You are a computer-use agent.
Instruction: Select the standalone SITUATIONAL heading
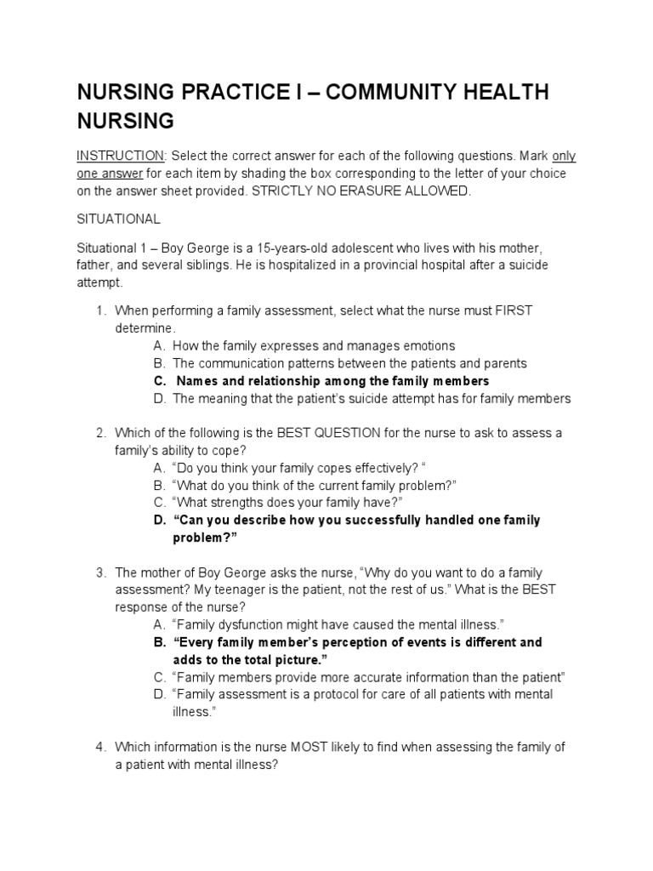click(x=118, y=219)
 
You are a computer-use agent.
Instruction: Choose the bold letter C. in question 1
click(x=160, y=381)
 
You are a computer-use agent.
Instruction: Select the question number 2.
click(x=100, y=433)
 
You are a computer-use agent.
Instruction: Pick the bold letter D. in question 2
click(x=160, y=520)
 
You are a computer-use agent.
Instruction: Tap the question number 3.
click(x=100, y=572)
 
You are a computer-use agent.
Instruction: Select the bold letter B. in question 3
click(x=160, y=642)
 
